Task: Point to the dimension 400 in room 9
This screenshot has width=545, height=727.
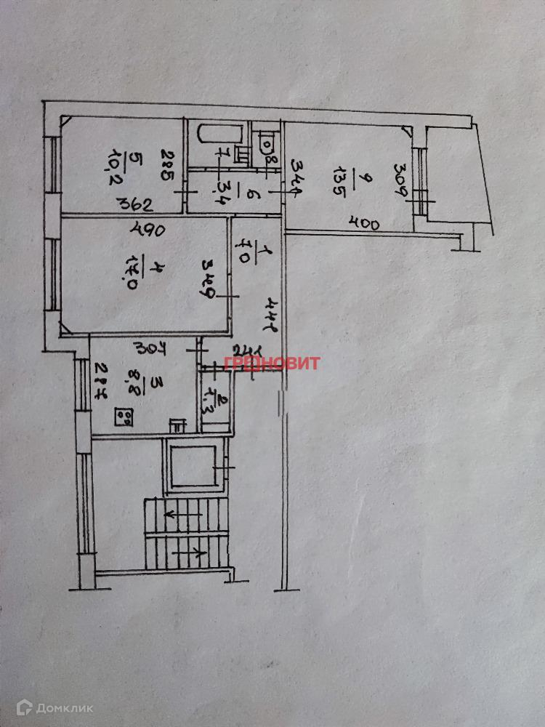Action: pyautogui.click(x=364, y=224)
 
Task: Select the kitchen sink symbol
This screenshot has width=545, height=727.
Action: pyautogui.click(x=177, y=425)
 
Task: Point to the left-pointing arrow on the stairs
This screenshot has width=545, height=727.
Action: pyautogui.click(x=171, y=515)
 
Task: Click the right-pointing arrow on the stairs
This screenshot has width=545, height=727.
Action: pyautogui.click(x=198, y=553)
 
